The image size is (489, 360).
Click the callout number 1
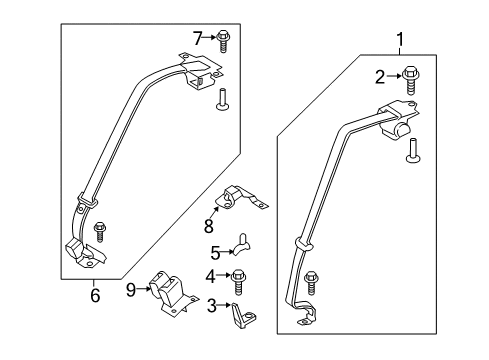tap(402, 41)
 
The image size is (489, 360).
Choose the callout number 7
tap(197, 37)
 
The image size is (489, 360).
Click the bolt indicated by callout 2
tap(410, 75)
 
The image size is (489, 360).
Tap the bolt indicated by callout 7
tap(225, 39)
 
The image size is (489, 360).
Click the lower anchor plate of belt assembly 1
tap(308, 316)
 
